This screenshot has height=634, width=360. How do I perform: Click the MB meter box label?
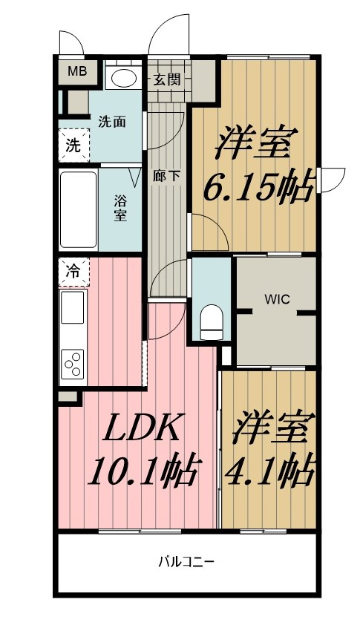click(x=77, y=71)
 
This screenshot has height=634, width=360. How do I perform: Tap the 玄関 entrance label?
click(x=166, y=79)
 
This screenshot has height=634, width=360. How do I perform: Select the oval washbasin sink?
click(x=123, y=77)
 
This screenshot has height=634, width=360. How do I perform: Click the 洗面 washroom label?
click(x=112, y=121)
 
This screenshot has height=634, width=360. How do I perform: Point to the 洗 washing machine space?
click(x=73, y=146)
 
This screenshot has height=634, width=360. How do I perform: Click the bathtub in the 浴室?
click(x=79, y=210)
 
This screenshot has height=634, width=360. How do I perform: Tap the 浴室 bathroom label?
click(x=120, y=207)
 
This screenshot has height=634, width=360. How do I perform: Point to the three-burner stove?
click(x=73, y=364)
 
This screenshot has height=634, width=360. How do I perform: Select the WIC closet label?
click(x=277, y=300)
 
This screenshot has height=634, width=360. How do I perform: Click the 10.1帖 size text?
click(x=143, y=472)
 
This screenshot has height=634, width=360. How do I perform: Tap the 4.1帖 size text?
click(x=269, y=472)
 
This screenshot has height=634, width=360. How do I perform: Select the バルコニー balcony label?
click(x=186, y=562)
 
